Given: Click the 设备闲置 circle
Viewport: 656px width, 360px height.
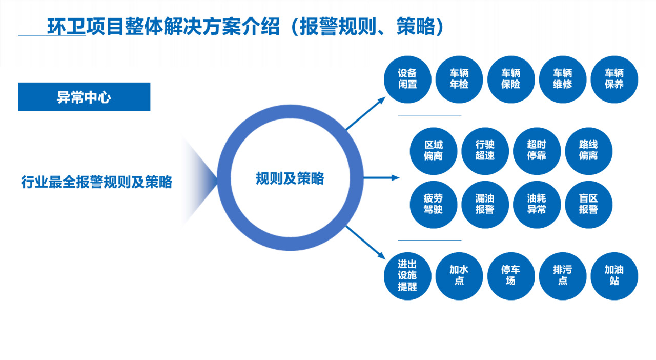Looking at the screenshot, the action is tap(407, 79).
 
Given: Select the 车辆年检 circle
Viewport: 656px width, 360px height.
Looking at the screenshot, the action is tap(459, 79).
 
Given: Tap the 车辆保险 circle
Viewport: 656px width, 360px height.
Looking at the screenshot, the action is tap(511, 79).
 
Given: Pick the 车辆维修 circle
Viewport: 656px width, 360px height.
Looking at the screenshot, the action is tap(563, 79).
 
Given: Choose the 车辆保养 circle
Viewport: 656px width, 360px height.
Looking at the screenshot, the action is tap(614, 79).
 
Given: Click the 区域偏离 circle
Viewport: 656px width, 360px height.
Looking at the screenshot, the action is tap(434, 151).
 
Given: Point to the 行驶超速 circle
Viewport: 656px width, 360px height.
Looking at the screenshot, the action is tap(485, 151).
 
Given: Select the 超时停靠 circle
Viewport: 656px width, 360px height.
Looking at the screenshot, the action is tap(537, 151).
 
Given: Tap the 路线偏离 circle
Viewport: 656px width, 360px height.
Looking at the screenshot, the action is tap(588, 151).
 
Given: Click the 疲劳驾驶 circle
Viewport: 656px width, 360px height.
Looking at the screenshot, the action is tap(434, 205).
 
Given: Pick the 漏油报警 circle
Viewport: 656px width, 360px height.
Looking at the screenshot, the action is tap(485, 205).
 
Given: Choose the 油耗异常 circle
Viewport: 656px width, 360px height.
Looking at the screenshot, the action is tap(537, 205).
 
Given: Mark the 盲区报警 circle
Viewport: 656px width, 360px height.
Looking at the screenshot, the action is tap(588, 205).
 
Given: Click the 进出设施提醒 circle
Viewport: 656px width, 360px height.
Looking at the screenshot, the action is tap(407, 276).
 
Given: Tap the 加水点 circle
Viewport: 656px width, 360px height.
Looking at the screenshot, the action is tap(459, 276).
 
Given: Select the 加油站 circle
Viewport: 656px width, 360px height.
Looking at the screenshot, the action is tap(614, 276).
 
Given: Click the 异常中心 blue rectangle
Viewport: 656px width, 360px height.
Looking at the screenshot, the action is tap(84, 97).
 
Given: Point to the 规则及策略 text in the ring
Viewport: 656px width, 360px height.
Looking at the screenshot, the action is tap(290, 178).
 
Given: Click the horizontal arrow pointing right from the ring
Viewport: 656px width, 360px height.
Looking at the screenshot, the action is tap(381, 177).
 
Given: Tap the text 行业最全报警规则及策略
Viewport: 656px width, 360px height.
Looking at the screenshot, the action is tap(96, 182).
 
